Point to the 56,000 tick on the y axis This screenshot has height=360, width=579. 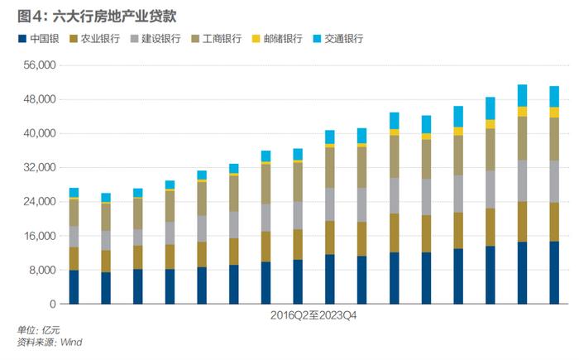(38, 65)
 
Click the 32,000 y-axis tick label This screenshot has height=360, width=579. (38, 167)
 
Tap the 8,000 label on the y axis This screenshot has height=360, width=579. (41, 270)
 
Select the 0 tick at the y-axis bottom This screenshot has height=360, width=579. (51, 304)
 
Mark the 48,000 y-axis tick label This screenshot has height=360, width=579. (38, 99)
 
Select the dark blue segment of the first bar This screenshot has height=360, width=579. (74, 286)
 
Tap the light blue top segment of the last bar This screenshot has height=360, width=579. (554, 96)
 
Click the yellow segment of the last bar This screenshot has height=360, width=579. (554, 112)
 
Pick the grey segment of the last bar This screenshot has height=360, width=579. (554, 181)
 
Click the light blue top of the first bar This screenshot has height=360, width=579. (74, 192)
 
